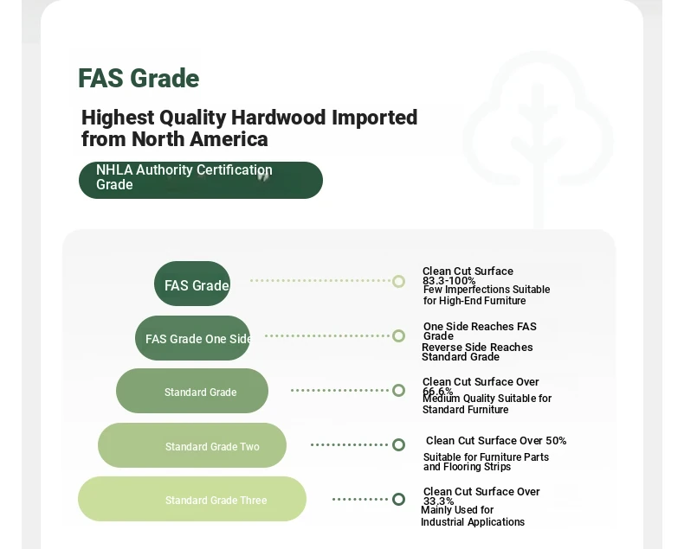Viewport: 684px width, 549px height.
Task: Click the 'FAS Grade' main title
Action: coord(139,79)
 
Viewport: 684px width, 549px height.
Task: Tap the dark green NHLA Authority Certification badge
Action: coord(201,180)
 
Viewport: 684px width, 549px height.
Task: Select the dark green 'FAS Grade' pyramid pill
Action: coord(192,284)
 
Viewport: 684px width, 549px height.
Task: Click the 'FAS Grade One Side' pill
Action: coord(192,338)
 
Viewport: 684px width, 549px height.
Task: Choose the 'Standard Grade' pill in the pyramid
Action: coord(192,391)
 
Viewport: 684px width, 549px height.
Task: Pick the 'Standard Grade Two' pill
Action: coord(192,445)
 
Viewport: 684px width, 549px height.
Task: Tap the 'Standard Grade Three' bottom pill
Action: coord(192,499)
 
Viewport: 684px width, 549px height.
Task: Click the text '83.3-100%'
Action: coord(448,281)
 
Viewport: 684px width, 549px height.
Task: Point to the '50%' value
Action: coord(556,441)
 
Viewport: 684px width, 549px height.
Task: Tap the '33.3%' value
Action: coord(438,501)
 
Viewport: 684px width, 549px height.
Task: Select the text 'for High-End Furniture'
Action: coord(474,301)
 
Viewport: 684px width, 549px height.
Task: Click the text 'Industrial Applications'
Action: coord(473,522)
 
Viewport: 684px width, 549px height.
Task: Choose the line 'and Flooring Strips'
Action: coord(467,467)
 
